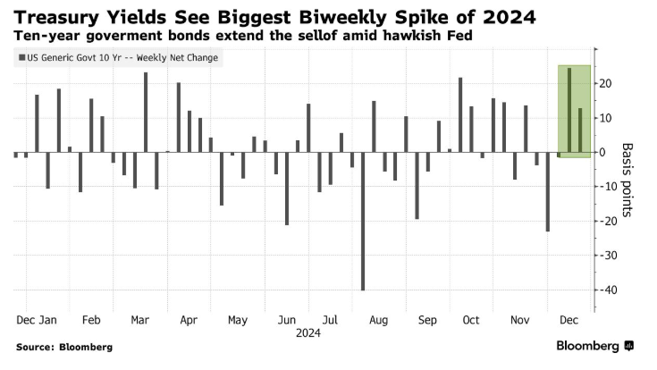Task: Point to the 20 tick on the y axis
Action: (604, 83)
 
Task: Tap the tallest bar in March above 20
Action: (146, 113)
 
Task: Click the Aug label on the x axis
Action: (378, 319)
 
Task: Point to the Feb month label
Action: (90, 319)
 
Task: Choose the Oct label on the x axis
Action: (471, 319)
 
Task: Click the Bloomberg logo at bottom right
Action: (594, 346)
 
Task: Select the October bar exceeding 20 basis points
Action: (460, 115)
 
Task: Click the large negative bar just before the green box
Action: (548, 192)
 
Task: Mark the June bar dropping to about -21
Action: (287, 189)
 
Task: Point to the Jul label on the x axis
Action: (330, 319)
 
